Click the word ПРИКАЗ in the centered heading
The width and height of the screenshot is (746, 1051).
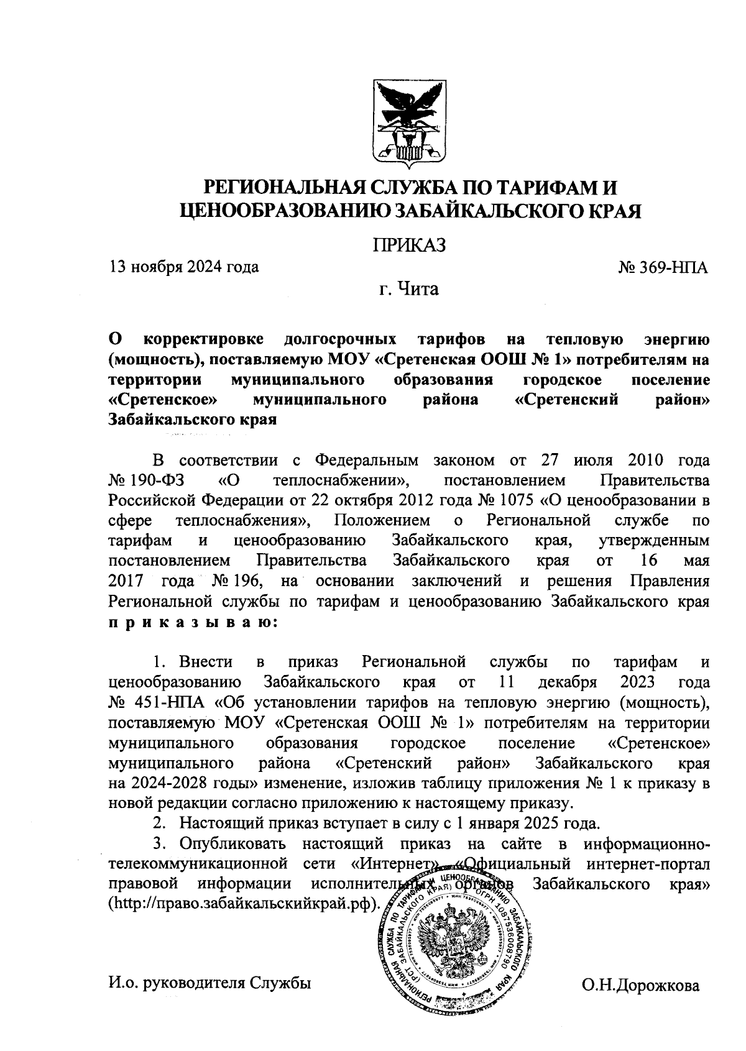pyautogui.click(x=410, y=245)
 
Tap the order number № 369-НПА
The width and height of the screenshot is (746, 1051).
pyautogui.click(x=663, y=268)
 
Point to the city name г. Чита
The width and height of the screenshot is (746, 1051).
pyautogui.click(x=410, y=289)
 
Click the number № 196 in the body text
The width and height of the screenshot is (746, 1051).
pyautogui.click(x=239, y=581)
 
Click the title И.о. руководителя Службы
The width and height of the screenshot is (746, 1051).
pyautogui.click(x=209, y=983)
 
